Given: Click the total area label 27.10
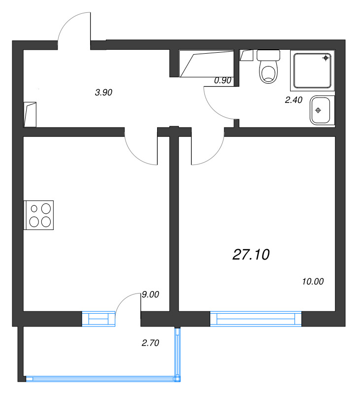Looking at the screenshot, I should point(251,255).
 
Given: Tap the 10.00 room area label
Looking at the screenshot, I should point(312,282).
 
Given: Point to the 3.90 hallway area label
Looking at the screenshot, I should point(104,92).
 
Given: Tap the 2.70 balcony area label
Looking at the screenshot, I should point(150,343).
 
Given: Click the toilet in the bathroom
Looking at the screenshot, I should point(268,68).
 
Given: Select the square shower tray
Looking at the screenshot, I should point(313,70).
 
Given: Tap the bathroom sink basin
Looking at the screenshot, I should point(322,110).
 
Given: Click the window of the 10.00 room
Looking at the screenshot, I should point(256,319).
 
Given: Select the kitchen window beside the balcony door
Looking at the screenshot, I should point(98,319).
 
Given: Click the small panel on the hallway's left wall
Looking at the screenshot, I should point(30,114).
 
